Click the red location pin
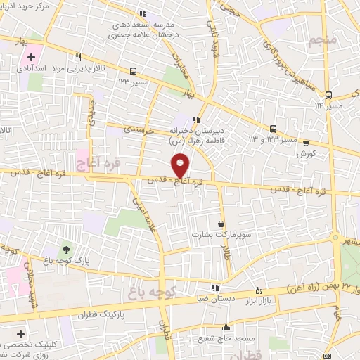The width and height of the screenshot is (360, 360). pyautogui.click(x=181, y=165)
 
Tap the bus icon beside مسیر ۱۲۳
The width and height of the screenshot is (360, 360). pyautogui.click(x=133, y=71)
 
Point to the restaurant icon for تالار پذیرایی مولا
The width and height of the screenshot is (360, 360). pyautogui.click(x=82, y=58)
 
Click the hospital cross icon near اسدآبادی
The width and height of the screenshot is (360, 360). pyautogui.click(x=32, y=56)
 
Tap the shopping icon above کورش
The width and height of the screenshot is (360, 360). pyautogui.click(x=306, y=141)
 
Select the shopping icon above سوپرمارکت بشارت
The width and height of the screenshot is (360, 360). pyautogui.click(x=221, y=224)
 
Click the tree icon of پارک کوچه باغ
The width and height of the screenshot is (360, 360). pyautogui.click(x=66, y=249)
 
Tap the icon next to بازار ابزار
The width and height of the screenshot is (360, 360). pyautogui.click(x=259, y=290)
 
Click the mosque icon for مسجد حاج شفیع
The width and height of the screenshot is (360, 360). pyautogui.click(x=226, y=327)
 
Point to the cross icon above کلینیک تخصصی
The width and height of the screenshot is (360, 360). pyautogui.click(x=20, y=333)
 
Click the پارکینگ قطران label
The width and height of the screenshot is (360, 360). pyautogui.click(x=91, y=315)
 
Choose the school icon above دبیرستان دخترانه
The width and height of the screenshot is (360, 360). pyautogui.click(x=196, y=119)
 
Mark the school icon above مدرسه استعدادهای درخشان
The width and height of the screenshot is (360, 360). pyautogui.click(x=143, y=13)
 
